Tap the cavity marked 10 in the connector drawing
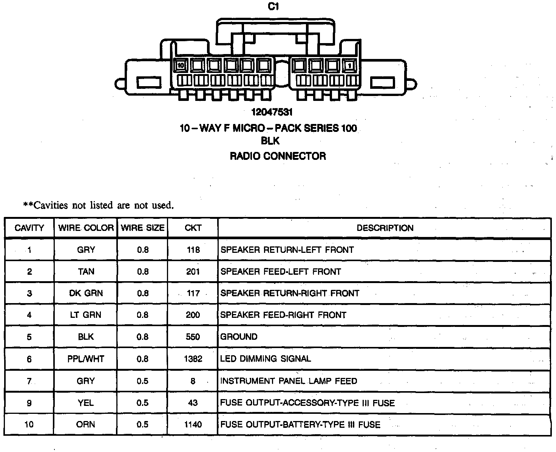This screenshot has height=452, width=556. [181, 65]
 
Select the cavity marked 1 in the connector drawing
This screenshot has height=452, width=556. [350, 66]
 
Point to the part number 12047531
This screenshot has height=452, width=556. [272, 112]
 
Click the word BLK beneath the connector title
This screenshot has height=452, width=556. [270, 141]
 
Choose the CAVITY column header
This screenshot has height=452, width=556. [29, 228]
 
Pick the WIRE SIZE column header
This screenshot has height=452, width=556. [142, 228]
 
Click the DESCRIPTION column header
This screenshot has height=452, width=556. [385, 228]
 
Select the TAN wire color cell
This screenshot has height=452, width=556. [86, 271]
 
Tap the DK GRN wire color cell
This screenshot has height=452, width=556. [86, 293]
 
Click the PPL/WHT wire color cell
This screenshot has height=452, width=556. [86, 359]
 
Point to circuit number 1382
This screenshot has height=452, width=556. [193, 359]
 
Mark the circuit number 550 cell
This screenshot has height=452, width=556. [193, 337]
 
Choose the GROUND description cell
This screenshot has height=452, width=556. [239, 337]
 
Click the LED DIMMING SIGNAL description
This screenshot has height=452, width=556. [266, 359]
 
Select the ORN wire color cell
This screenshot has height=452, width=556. [86, 424]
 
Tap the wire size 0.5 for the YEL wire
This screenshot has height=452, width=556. [142, 403]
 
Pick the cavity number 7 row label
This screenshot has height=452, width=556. [29, 381]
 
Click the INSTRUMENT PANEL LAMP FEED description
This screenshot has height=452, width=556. [289, 381]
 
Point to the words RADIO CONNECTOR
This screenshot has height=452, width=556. [278, 156]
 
